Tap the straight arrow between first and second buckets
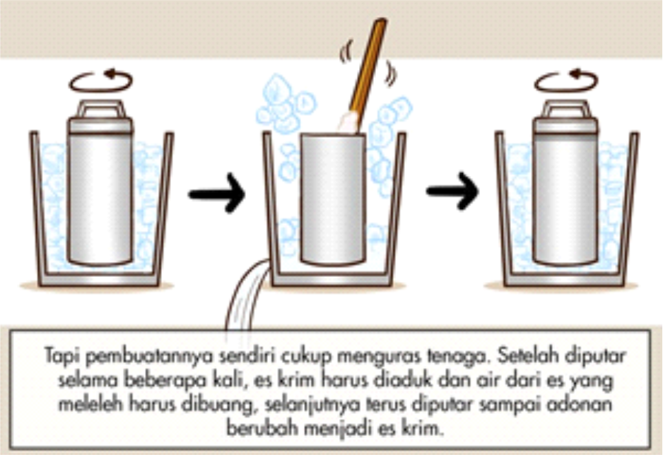[x=216, y=191]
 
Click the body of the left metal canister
[x=100, y=198]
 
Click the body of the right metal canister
[x=565, y=198]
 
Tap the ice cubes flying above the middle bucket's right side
[x=392, y=120]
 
